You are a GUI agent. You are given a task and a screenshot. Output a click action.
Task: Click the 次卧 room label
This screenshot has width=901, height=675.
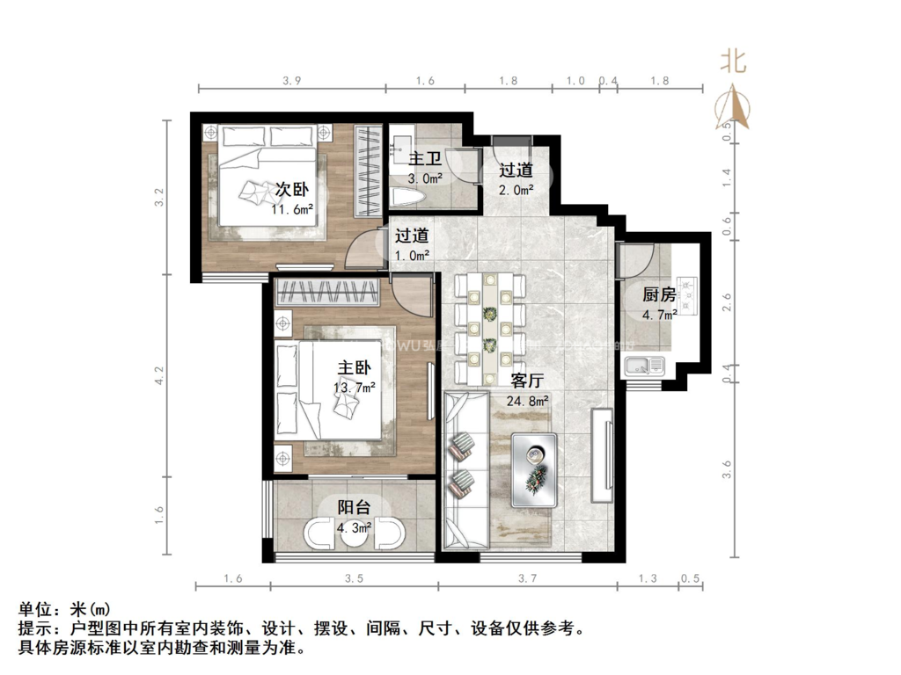(293, 190)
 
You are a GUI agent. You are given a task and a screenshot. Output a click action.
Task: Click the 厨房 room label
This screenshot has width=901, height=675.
(659, 295)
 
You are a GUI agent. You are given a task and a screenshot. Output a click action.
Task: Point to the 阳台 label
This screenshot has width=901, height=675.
(354, 507)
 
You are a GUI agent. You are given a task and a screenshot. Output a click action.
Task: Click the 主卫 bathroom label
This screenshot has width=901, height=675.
(426, 159)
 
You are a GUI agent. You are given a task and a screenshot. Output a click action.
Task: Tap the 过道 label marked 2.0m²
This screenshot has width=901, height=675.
(516, 170)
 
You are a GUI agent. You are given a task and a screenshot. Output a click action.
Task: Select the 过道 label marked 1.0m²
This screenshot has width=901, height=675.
(412, 236)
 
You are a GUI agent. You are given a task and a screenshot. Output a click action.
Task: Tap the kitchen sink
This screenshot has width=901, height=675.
(645, 365)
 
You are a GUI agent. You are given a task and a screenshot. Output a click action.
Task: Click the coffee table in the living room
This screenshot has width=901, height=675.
(534, 468)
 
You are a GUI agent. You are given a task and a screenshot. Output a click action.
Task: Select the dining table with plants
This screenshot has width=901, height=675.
(489, 326)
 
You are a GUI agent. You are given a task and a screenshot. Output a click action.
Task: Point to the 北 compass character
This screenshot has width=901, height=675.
(734, 61)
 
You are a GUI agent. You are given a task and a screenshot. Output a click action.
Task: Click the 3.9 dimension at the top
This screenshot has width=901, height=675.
(292, 81)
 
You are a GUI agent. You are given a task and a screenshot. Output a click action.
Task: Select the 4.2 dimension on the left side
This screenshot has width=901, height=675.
(159, 376)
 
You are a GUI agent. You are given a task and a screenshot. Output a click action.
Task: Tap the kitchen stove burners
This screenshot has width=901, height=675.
(688, 295)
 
